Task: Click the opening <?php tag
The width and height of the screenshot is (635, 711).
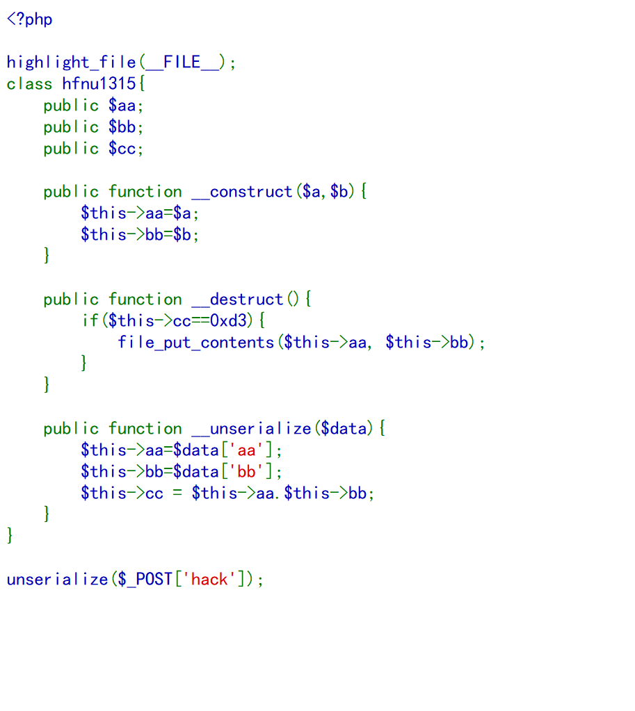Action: click(29, 19)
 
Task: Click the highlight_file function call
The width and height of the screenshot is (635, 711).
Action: click(71, 63)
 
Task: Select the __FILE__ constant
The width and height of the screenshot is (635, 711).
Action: click(182, 63)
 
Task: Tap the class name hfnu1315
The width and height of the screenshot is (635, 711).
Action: click(99, 84)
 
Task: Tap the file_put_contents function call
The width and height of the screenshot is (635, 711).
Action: click(196, 343)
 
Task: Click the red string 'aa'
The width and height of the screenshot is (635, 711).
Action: click(247, 450)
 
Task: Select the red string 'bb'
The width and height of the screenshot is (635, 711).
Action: click(247, 472)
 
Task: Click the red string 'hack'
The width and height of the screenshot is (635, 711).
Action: click(209, 580)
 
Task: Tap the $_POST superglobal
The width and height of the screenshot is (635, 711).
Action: click(145, 580)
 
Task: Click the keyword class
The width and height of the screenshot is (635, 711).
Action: click(29, 84)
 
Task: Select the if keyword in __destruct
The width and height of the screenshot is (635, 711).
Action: click(90, 321)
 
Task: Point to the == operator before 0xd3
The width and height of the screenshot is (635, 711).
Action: click(200, 321)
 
